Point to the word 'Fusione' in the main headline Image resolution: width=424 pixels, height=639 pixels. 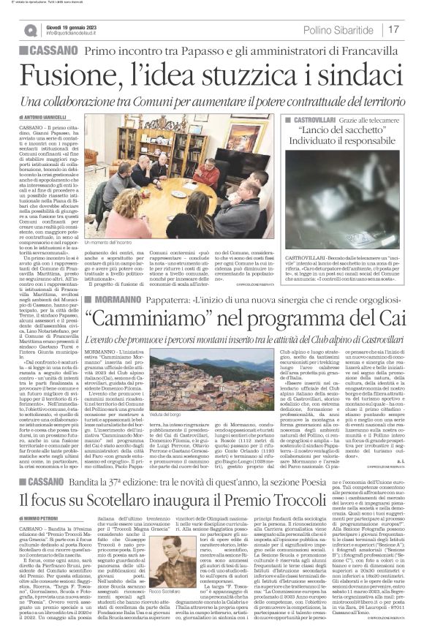[68, 75]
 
